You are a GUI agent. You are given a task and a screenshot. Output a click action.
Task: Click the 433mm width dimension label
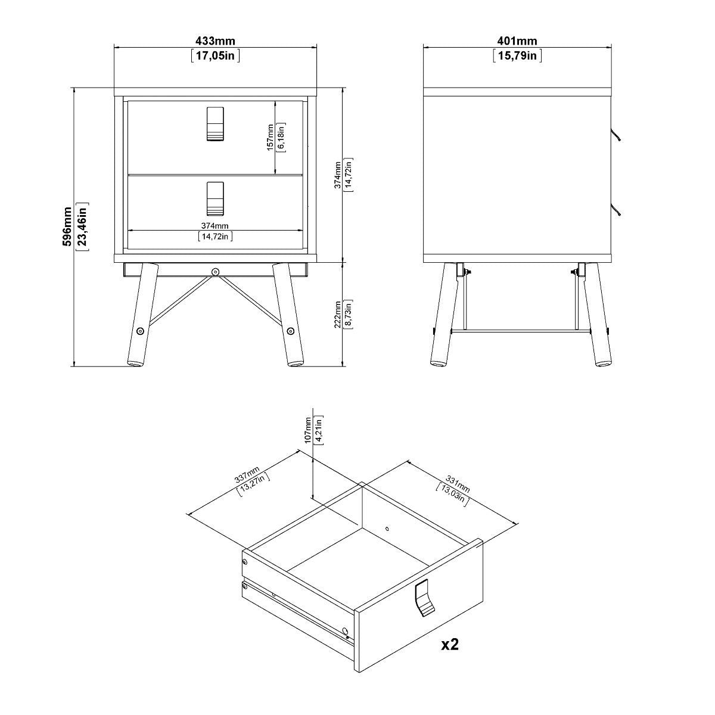tap(215, 41)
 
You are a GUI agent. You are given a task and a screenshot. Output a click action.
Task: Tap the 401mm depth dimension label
tap(517, 41)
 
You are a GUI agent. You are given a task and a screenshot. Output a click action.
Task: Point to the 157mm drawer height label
tap(271, 137)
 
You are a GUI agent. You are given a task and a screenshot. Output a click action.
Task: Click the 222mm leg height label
tap(337, 313)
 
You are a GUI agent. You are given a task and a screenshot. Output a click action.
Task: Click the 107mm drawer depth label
tap(307, 429)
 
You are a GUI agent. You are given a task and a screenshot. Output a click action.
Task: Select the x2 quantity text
tap(450, 644)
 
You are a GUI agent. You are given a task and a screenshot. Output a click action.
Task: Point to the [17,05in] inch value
tap(215, 56)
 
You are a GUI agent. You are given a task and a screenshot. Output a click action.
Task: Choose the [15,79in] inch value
tap(517, 56)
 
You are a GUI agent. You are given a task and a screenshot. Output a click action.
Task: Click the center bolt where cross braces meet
tap(215, 272)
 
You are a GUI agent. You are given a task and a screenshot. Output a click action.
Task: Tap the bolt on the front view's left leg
tap(140, 331)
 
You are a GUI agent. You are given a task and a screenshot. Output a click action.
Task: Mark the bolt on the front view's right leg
tap(290, 331)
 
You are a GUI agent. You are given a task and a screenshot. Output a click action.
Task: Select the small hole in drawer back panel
tap(387, 528)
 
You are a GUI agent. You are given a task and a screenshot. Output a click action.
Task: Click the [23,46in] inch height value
tap(83, 226)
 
